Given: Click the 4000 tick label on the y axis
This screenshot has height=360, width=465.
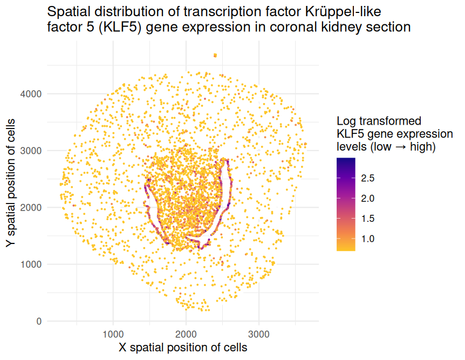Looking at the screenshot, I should (32, 94).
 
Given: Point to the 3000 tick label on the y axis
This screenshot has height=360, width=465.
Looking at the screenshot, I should (32, 151).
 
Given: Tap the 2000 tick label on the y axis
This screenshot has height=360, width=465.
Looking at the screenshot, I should (32, 207).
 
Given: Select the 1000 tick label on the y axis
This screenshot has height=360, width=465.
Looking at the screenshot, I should (32, 264).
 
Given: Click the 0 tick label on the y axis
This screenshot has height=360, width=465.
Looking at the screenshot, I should (38, 321).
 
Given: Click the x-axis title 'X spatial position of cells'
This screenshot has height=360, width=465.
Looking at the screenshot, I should (183, 347).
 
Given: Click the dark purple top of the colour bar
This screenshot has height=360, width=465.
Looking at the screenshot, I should (346, 160).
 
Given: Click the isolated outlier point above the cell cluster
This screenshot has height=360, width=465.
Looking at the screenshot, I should (215, 55).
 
